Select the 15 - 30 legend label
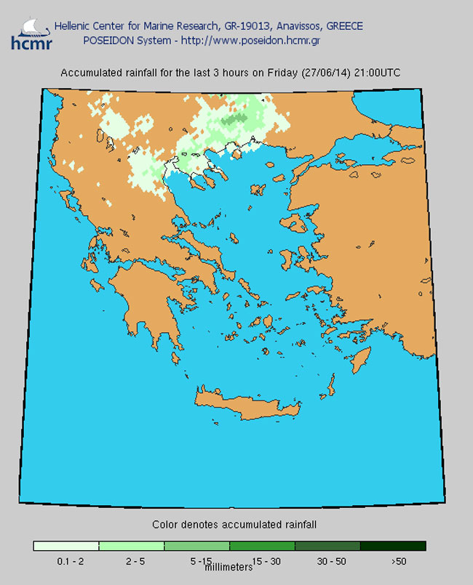pos(266,562)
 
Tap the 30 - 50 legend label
pos(331,562)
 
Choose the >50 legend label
pos(397,562)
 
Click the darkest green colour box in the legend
pos(393,546)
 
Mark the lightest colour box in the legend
pos(65,546)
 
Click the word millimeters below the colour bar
pos(228,568)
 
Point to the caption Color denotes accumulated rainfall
pos(234,524)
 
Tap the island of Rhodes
pos(359,358)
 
